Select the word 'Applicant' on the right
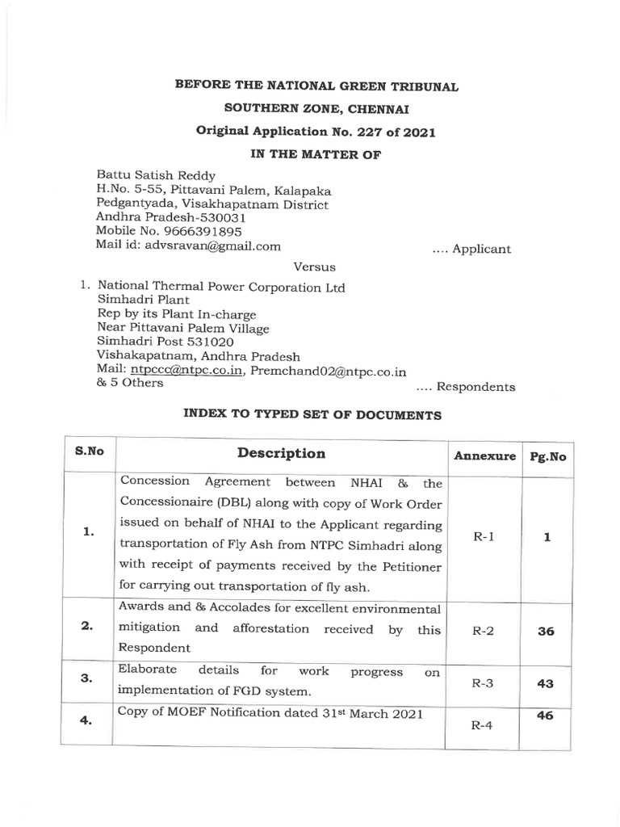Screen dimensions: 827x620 tap(482, 249)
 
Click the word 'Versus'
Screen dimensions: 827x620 tap(310, 267)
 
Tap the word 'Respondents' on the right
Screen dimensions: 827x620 tap(475, 387)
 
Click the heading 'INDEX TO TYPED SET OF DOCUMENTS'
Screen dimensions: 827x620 tap(310, 415)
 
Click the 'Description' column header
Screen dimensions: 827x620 tap(281, 453)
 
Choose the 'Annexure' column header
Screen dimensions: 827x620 tap(484, 455)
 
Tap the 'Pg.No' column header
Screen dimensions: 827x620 tap(547, 455)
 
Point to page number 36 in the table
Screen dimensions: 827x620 tap(547, 632)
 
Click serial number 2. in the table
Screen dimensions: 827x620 tap(89, 629)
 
